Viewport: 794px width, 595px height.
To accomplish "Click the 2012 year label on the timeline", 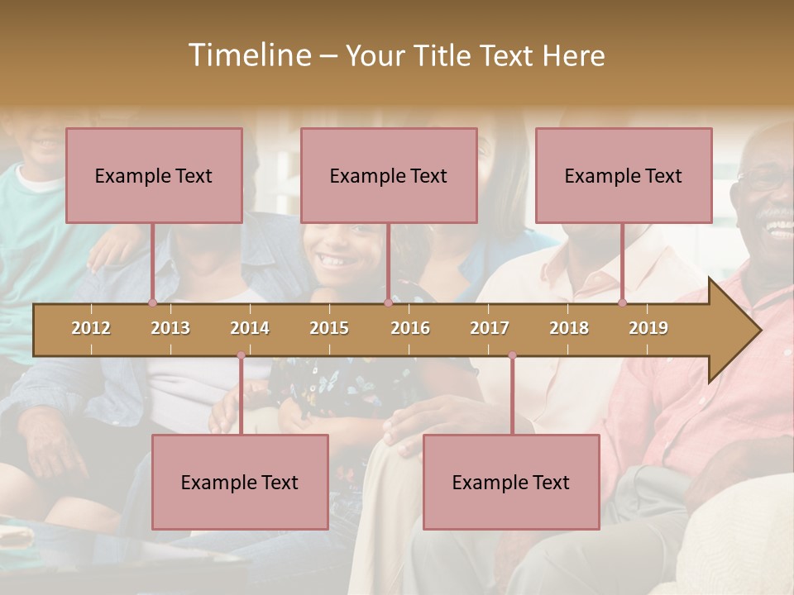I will coord(91,328).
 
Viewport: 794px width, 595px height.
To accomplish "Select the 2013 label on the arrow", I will coord(170,328).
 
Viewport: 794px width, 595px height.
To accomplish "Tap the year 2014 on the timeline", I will coord(250,328).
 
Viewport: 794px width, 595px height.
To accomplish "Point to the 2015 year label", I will coord(329,328).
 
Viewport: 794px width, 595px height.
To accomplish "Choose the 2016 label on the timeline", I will coord(410,328).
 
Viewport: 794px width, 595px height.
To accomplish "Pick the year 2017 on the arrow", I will coord(490,328).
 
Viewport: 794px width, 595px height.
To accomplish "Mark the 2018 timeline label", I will coord(569,328).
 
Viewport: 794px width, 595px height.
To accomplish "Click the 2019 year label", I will coord(648,328).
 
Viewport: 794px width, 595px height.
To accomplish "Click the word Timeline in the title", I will coord(249,55).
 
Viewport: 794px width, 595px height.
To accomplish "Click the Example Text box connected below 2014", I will coord(240,482).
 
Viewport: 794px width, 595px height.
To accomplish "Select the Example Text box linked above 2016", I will coord(389,175).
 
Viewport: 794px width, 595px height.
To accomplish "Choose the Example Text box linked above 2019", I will coord(624,175).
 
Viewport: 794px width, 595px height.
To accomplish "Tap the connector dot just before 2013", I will coord(152,303).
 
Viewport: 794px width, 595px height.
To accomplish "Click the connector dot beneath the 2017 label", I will coord(512,355).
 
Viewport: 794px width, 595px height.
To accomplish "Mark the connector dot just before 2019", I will coord(622,303).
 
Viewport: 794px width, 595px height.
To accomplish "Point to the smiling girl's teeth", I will coord(334,261).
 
